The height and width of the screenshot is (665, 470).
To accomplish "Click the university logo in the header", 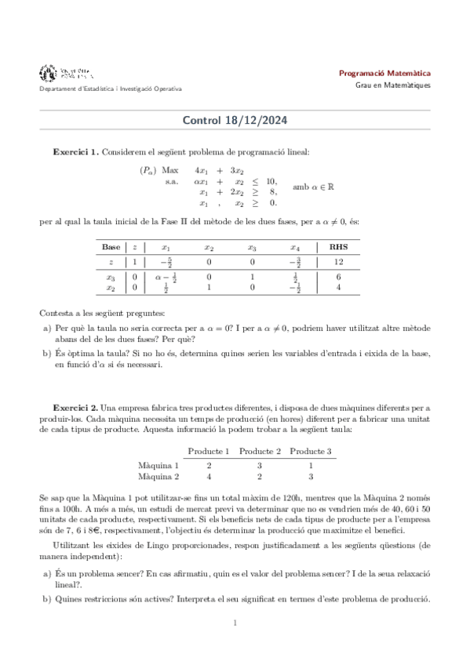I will pos(67,74).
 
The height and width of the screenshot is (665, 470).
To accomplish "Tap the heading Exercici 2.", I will pos(75,408).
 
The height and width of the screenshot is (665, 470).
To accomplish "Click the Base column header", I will pos(111,246).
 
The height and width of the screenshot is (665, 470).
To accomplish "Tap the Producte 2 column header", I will pos(260,451).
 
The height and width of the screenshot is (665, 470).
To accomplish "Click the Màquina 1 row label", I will pos(158,464).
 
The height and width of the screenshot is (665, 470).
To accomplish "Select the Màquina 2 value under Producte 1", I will pos(209,476).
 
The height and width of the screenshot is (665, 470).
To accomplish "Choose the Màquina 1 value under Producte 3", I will pos(311,464).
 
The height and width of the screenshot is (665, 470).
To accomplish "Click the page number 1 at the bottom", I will pos(235,623).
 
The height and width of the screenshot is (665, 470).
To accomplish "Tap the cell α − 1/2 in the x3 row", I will pos(166,277).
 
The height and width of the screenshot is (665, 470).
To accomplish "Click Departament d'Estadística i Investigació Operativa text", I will pos(111,89).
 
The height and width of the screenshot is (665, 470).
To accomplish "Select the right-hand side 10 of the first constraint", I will pos(271,181).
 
